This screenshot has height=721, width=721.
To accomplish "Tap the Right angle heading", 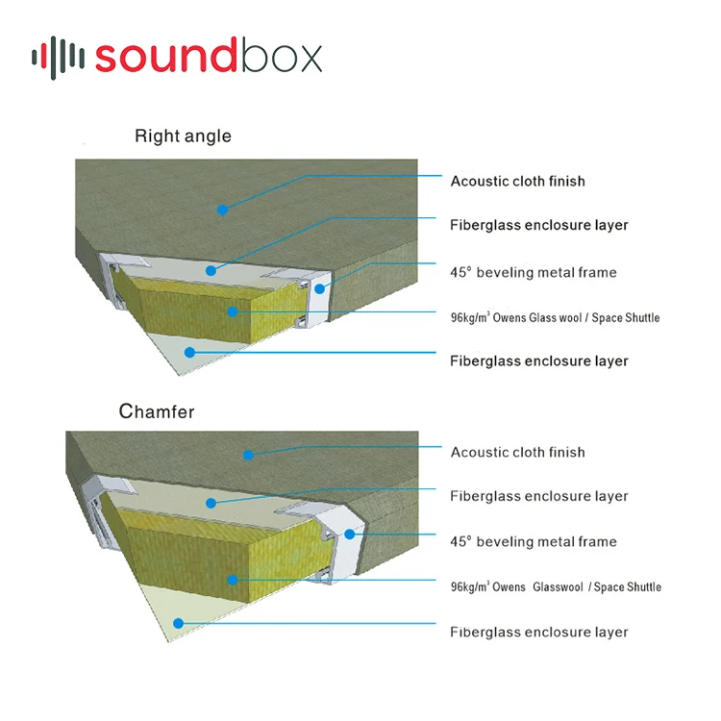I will click(x=183, y=137).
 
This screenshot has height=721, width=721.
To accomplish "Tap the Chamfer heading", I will click(x=157, y=412).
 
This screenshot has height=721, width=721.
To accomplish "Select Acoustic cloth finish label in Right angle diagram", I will click(x=517, y=181).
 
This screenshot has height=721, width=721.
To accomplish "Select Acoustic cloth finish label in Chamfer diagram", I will click(x=517, y=452).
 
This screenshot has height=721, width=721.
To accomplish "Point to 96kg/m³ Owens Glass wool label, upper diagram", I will click(x=555, y=317).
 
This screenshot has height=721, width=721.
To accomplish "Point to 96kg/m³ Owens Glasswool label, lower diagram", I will click(x=556, y=586).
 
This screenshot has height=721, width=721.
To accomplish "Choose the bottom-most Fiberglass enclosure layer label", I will click(x=538, y=632).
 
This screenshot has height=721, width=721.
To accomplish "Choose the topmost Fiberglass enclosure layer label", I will click(x=538, y=225).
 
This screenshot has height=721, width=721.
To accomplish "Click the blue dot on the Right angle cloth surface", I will click(x=222, y=208).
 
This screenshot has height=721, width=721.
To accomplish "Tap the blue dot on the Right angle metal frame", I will click(x=319, y=287).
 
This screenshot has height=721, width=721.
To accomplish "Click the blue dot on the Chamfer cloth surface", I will click(x=248, y=455).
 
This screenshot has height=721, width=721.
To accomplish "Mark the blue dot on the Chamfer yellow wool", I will click(x=232, y=579).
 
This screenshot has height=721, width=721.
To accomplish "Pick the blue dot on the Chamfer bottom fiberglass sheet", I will click(x=177, y=623).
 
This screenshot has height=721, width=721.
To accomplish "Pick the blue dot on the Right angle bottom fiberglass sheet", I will click(x=190, y=352).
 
